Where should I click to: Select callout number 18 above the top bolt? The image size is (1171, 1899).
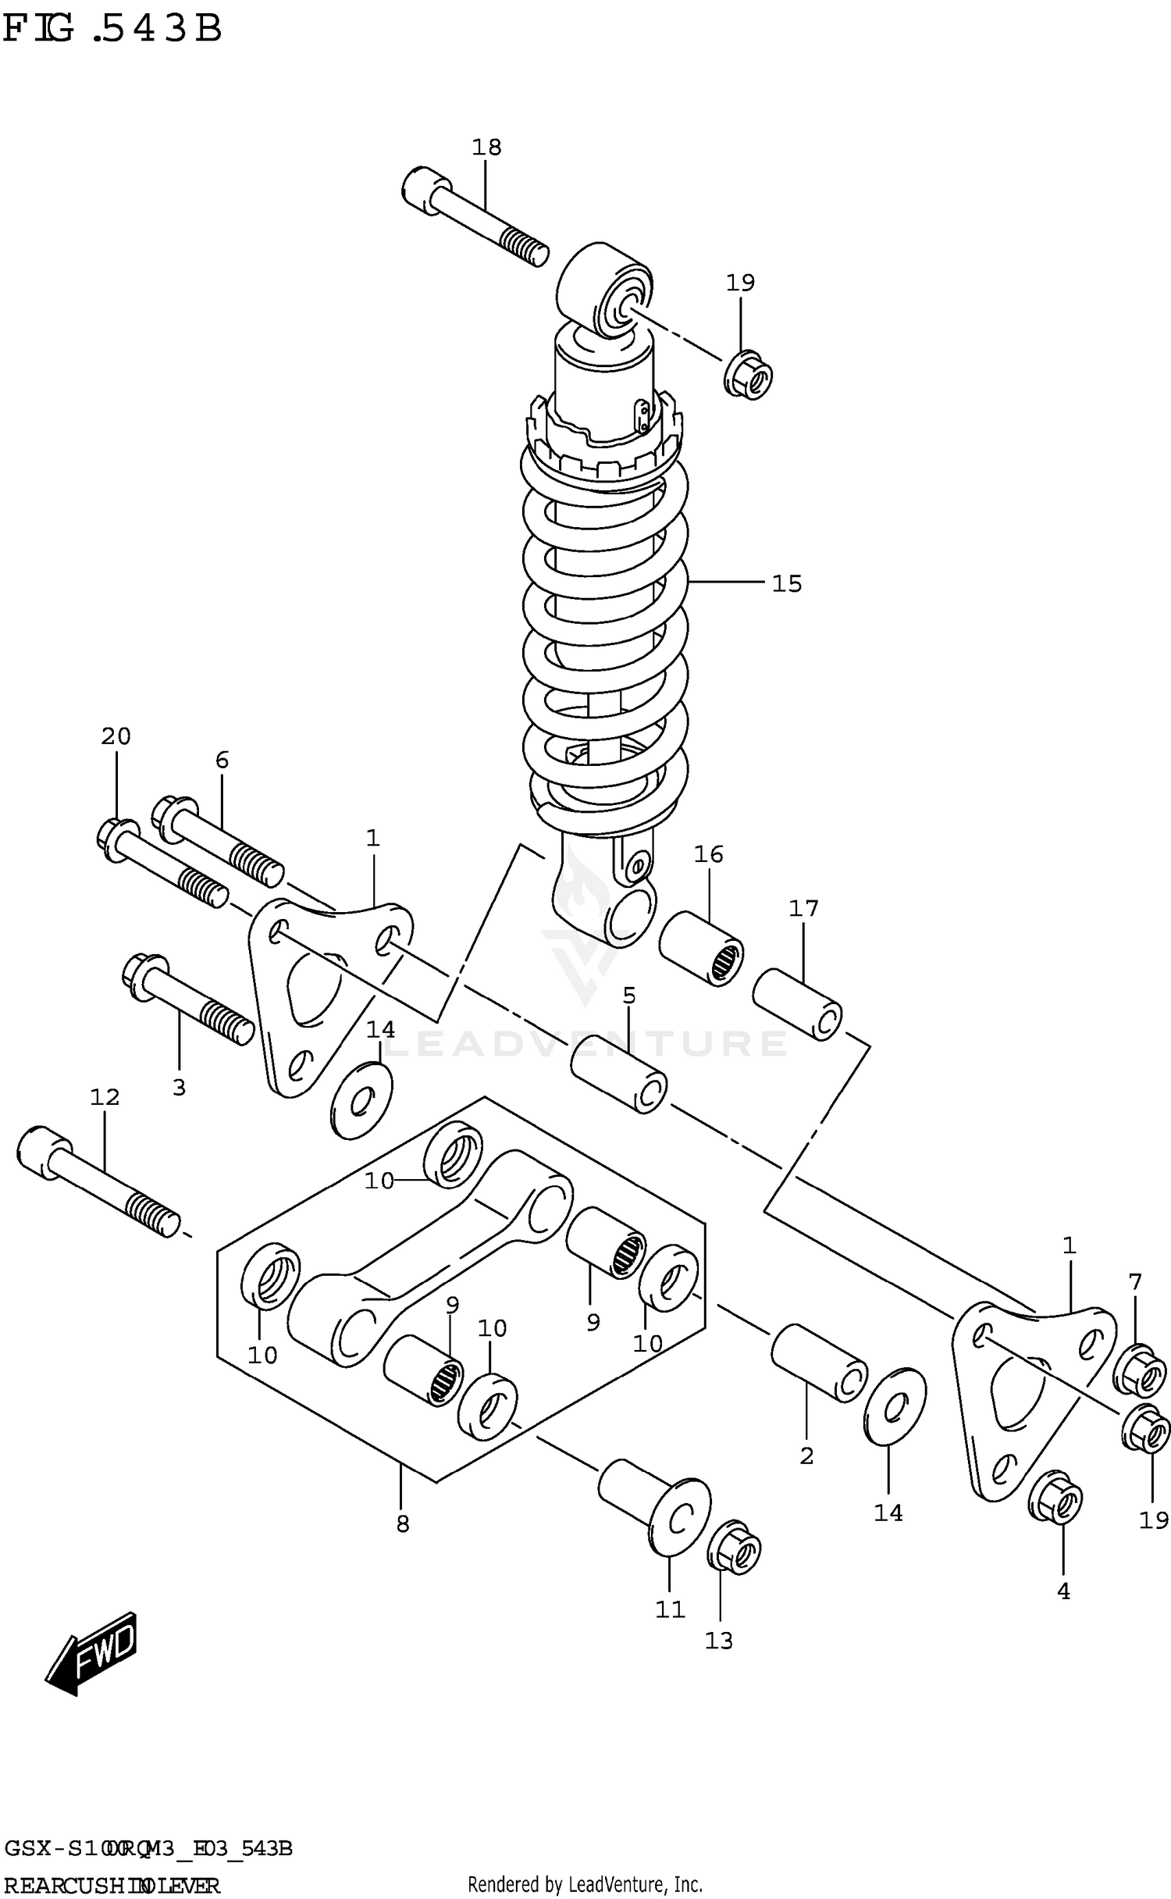(486, 147)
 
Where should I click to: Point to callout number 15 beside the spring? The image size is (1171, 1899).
(786, 583)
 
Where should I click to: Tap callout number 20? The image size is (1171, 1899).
(116, 736)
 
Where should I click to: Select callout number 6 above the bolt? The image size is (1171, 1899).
(222, 760)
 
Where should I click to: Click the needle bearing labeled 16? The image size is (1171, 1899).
(700, 947)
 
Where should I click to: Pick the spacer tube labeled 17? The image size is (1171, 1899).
(796, 1003)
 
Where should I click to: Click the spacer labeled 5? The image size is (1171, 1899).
(618, 1072)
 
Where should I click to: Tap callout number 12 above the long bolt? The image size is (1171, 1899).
(105, 1097)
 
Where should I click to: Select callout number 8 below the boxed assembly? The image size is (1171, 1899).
(402, 1523)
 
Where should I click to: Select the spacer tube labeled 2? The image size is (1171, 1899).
(818, 1363)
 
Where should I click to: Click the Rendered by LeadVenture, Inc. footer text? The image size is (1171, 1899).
(585, 1883)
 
